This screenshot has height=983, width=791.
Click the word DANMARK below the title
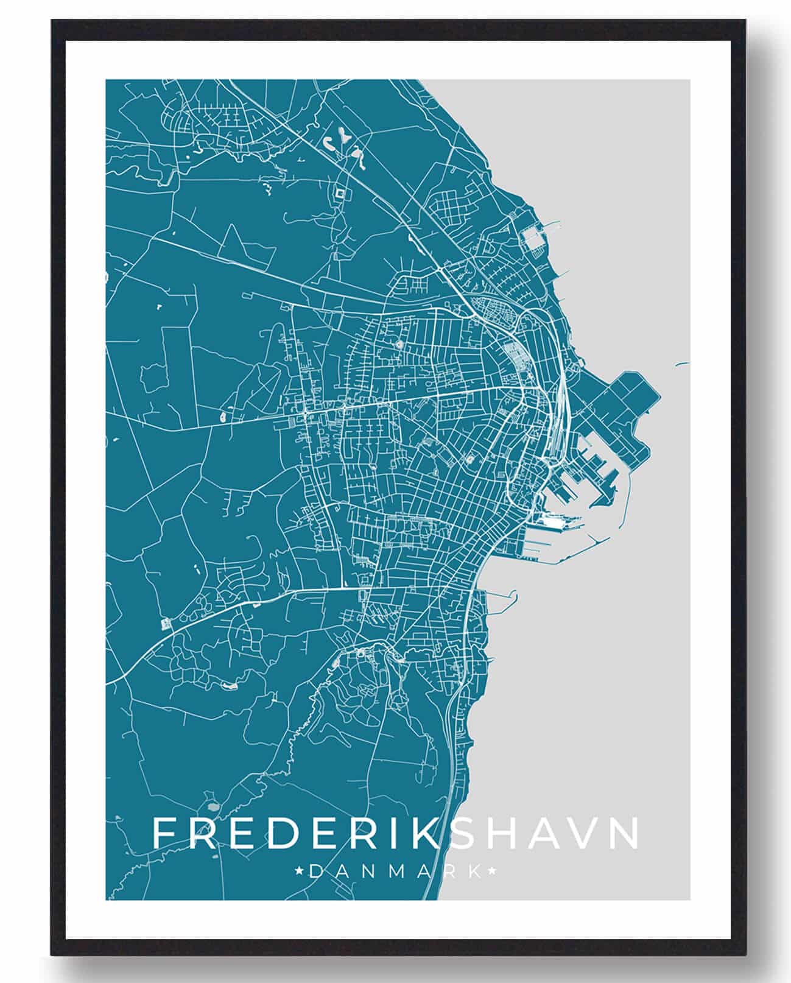click(x=395, y=872)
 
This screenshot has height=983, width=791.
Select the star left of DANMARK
click(x=299, y=872)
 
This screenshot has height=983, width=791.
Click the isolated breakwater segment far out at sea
click(x=681, y=365)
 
